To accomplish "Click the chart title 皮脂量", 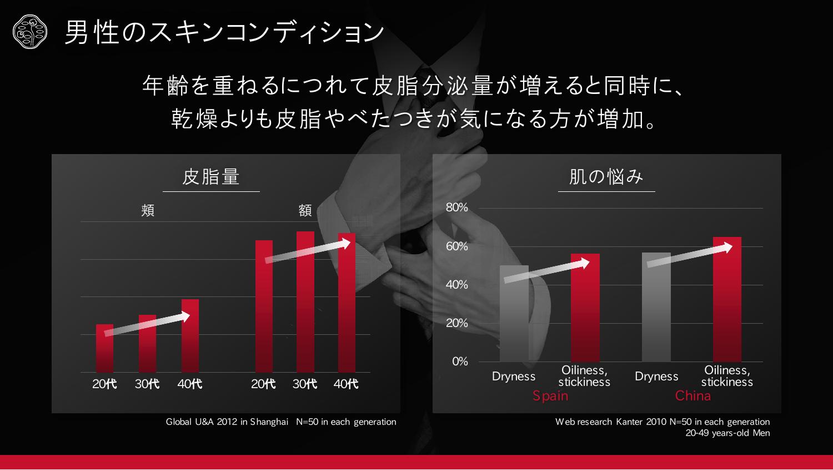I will coord(211,177).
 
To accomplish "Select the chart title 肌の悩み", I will coord(606,177).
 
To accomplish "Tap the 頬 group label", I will coord(148,210).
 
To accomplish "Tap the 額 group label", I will coord(305,210).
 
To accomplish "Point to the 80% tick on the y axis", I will coord(457,207).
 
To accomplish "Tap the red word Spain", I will coord(550,396).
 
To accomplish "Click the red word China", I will coord(693,396).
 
